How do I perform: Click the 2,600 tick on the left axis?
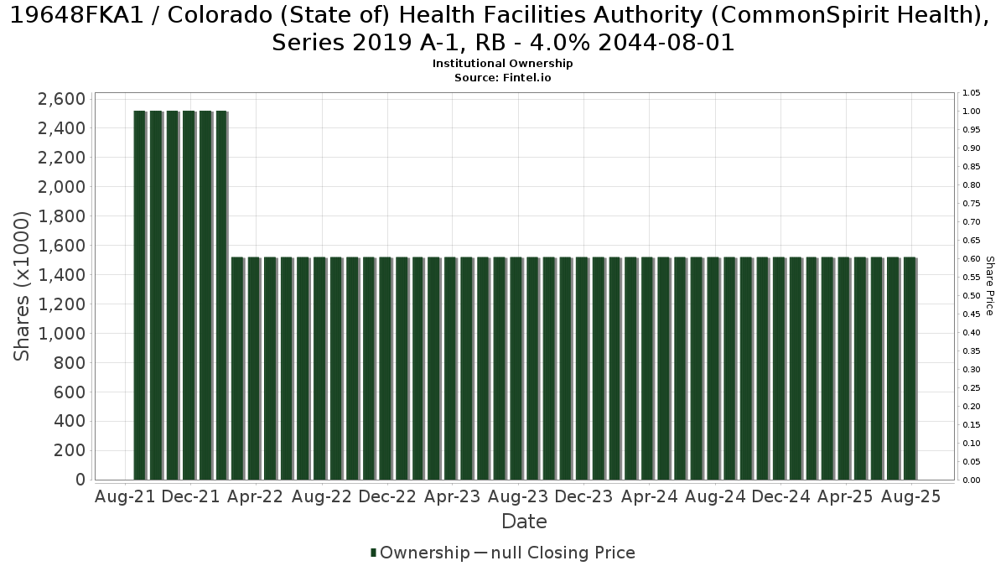pos(61,99)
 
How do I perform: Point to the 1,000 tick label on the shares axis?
pos(61,334)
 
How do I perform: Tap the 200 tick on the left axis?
pos(69,450)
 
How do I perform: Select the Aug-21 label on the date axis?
pos(125,496)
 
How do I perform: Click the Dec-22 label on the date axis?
pos(387,496)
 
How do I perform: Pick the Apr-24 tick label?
pos(650,496)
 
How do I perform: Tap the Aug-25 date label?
pos(910,496)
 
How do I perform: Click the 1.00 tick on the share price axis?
pos(972,112)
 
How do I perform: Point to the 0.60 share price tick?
pos(972,259)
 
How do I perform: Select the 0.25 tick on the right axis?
pos(972,388)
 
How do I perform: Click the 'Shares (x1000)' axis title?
pos(22,286)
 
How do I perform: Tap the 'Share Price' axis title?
pos(989,286)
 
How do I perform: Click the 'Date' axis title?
pos(524,522)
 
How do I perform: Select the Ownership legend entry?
pos(420,553)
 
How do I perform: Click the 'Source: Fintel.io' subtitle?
pos(502,78)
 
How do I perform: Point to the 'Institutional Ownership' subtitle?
pos(502,64)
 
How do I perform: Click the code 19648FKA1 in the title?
pos(76,16)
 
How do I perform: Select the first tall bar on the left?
pos(140,295)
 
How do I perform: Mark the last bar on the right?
pos(910,368)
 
